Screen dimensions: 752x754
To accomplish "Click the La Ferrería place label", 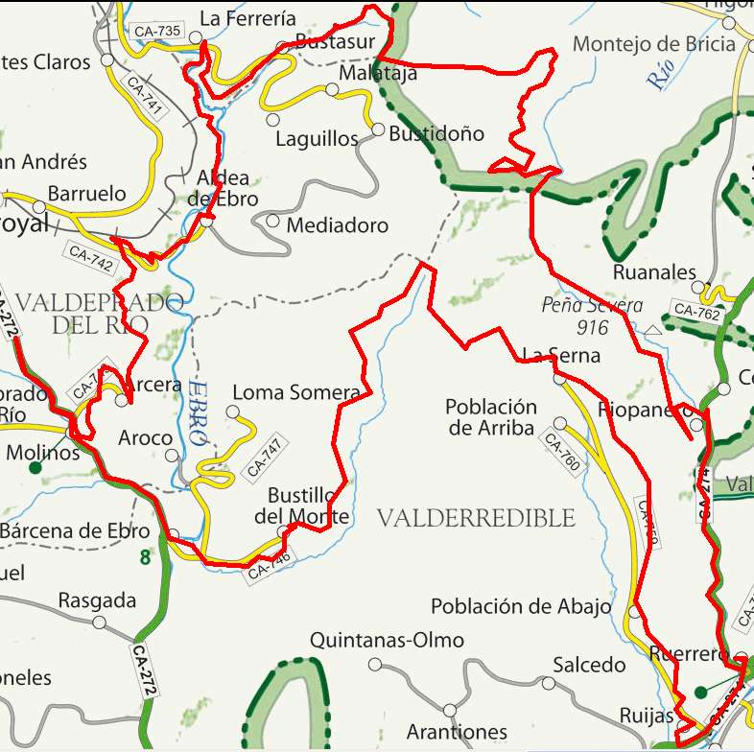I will coord(247,17).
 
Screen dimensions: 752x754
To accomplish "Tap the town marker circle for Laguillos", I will coord(272,120).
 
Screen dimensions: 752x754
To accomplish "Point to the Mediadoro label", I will coord(338,226).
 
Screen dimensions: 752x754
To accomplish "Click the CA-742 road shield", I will coord(91,257).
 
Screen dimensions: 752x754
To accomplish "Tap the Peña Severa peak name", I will coord(592,307).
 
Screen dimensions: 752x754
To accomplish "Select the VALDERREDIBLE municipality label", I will coord(476,519).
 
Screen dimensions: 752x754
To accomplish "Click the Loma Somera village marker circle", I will coord(231,411).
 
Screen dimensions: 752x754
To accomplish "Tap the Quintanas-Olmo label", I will coord(387,640).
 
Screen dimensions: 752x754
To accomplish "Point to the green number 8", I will coord(145,556).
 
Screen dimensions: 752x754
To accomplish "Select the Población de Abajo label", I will coord(521,606).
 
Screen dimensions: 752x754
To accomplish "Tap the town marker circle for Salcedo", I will coord(548,684).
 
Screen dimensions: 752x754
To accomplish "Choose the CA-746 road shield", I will coord(270,567).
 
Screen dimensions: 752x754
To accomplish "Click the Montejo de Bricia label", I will coord(654,44).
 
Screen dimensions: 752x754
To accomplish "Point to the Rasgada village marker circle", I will coord(100,622).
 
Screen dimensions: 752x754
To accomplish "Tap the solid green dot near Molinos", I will coord(35,468).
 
